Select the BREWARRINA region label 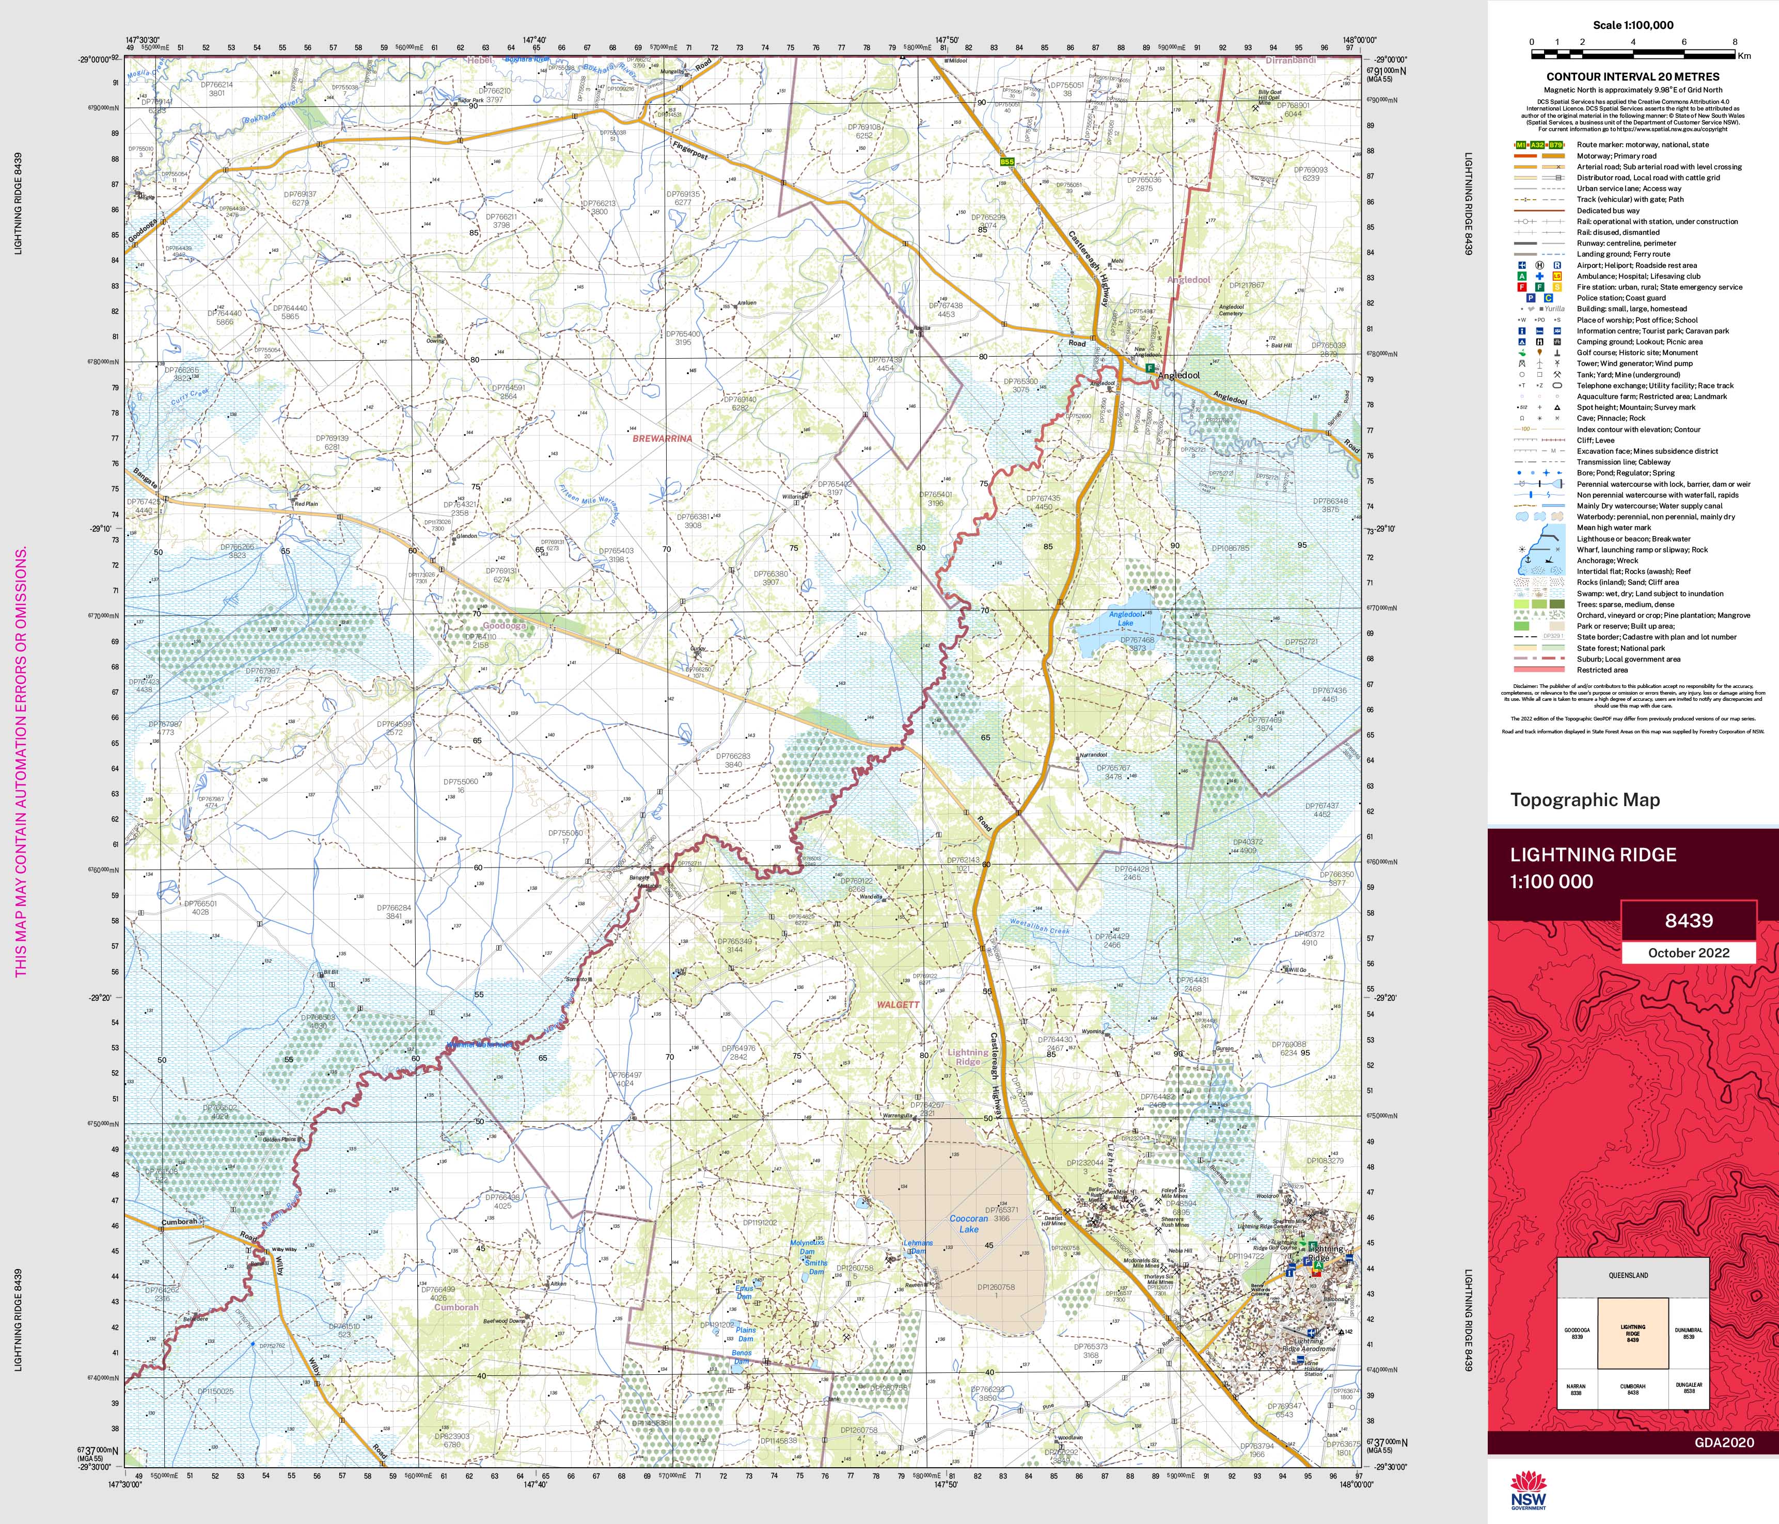tap(662, 439)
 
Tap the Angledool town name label tap(1179, 376)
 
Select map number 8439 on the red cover tap(1688, 921)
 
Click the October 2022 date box tap(1688, 953)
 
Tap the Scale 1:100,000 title tap(1632, 25)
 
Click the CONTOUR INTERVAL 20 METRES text tap(1632, 76)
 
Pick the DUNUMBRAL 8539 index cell tap(1688, 1334)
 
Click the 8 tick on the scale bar tap(1735, 41)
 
